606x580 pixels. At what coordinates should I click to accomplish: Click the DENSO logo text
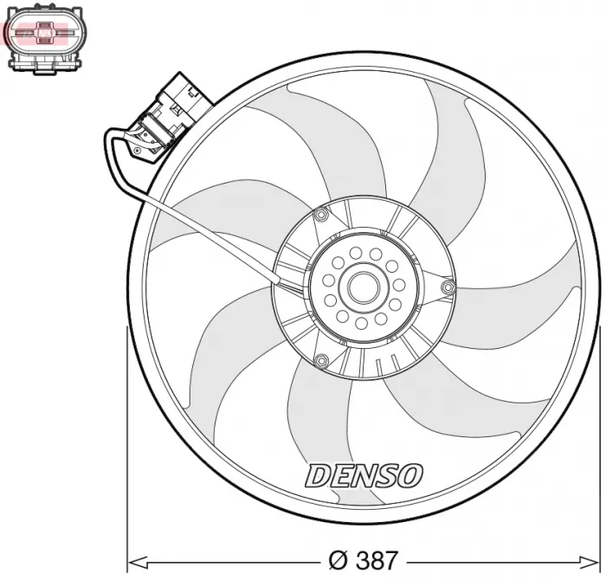coord(364,474)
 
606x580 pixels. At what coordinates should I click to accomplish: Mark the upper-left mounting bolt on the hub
coord(321,215)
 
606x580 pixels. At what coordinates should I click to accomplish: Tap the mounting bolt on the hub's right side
coord(447,287)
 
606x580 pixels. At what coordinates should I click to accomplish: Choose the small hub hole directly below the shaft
coord(361,323)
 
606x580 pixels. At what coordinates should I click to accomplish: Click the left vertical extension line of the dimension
coord(127,441)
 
